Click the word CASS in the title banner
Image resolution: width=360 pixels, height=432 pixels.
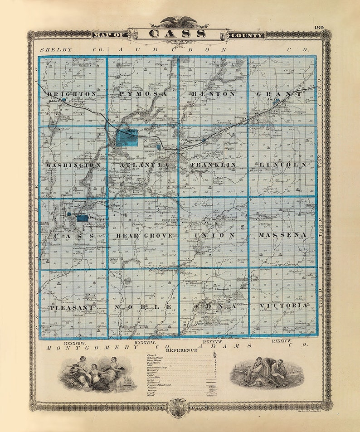point(177,34)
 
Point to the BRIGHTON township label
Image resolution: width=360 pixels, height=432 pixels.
point(72,94)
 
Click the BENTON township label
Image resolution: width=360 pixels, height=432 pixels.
point(213,94)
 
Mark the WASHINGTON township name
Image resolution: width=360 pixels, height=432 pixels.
point(73,165)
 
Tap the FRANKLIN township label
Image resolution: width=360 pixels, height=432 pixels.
point(213,165)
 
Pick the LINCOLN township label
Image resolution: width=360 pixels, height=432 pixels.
point(283,165)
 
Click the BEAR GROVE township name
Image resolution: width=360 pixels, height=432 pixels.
point(144,236)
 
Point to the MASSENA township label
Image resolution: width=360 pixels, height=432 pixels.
point(283,235)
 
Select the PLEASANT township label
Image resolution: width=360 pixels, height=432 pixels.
point(73,307)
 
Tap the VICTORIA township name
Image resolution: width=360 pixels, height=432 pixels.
point(284,306)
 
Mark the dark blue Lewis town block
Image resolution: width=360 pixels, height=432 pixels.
point(82,218)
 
